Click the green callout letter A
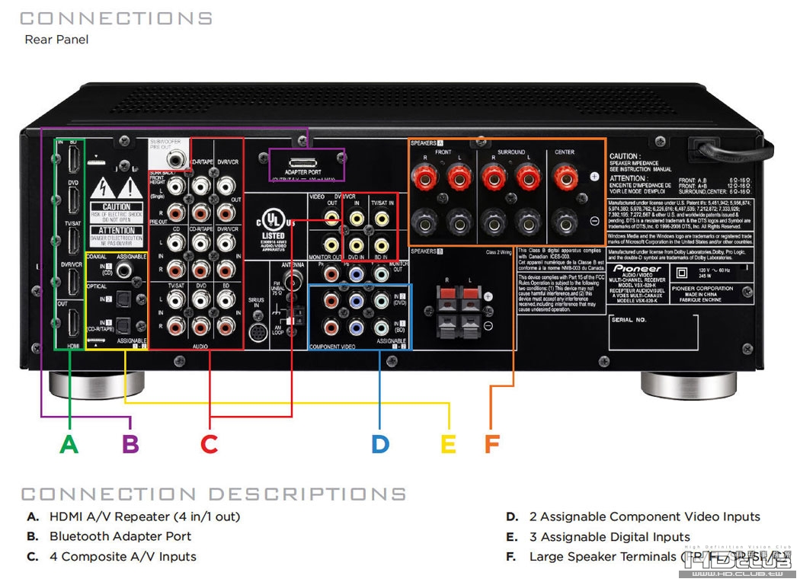[x=69, y=443]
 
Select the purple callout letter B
[x=131, y=443]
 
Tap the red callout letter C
[x=210, y=443]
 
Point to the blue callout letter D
[x=380, y=443]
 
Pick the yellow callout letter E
[x=449, y=443]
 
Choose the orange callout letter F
[x=493, y=443]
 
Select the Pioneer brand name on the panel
[x=638, y=269]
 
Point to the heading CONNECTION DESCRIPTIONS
[x=213, y=494]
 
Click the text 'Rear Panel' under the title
[x=56, y=40]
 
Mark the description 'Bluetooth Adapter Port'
[x=120, y=536]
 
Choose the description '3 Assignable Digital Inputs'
[x=610, y=536]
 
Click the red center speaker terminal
[x=565, y=179]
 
